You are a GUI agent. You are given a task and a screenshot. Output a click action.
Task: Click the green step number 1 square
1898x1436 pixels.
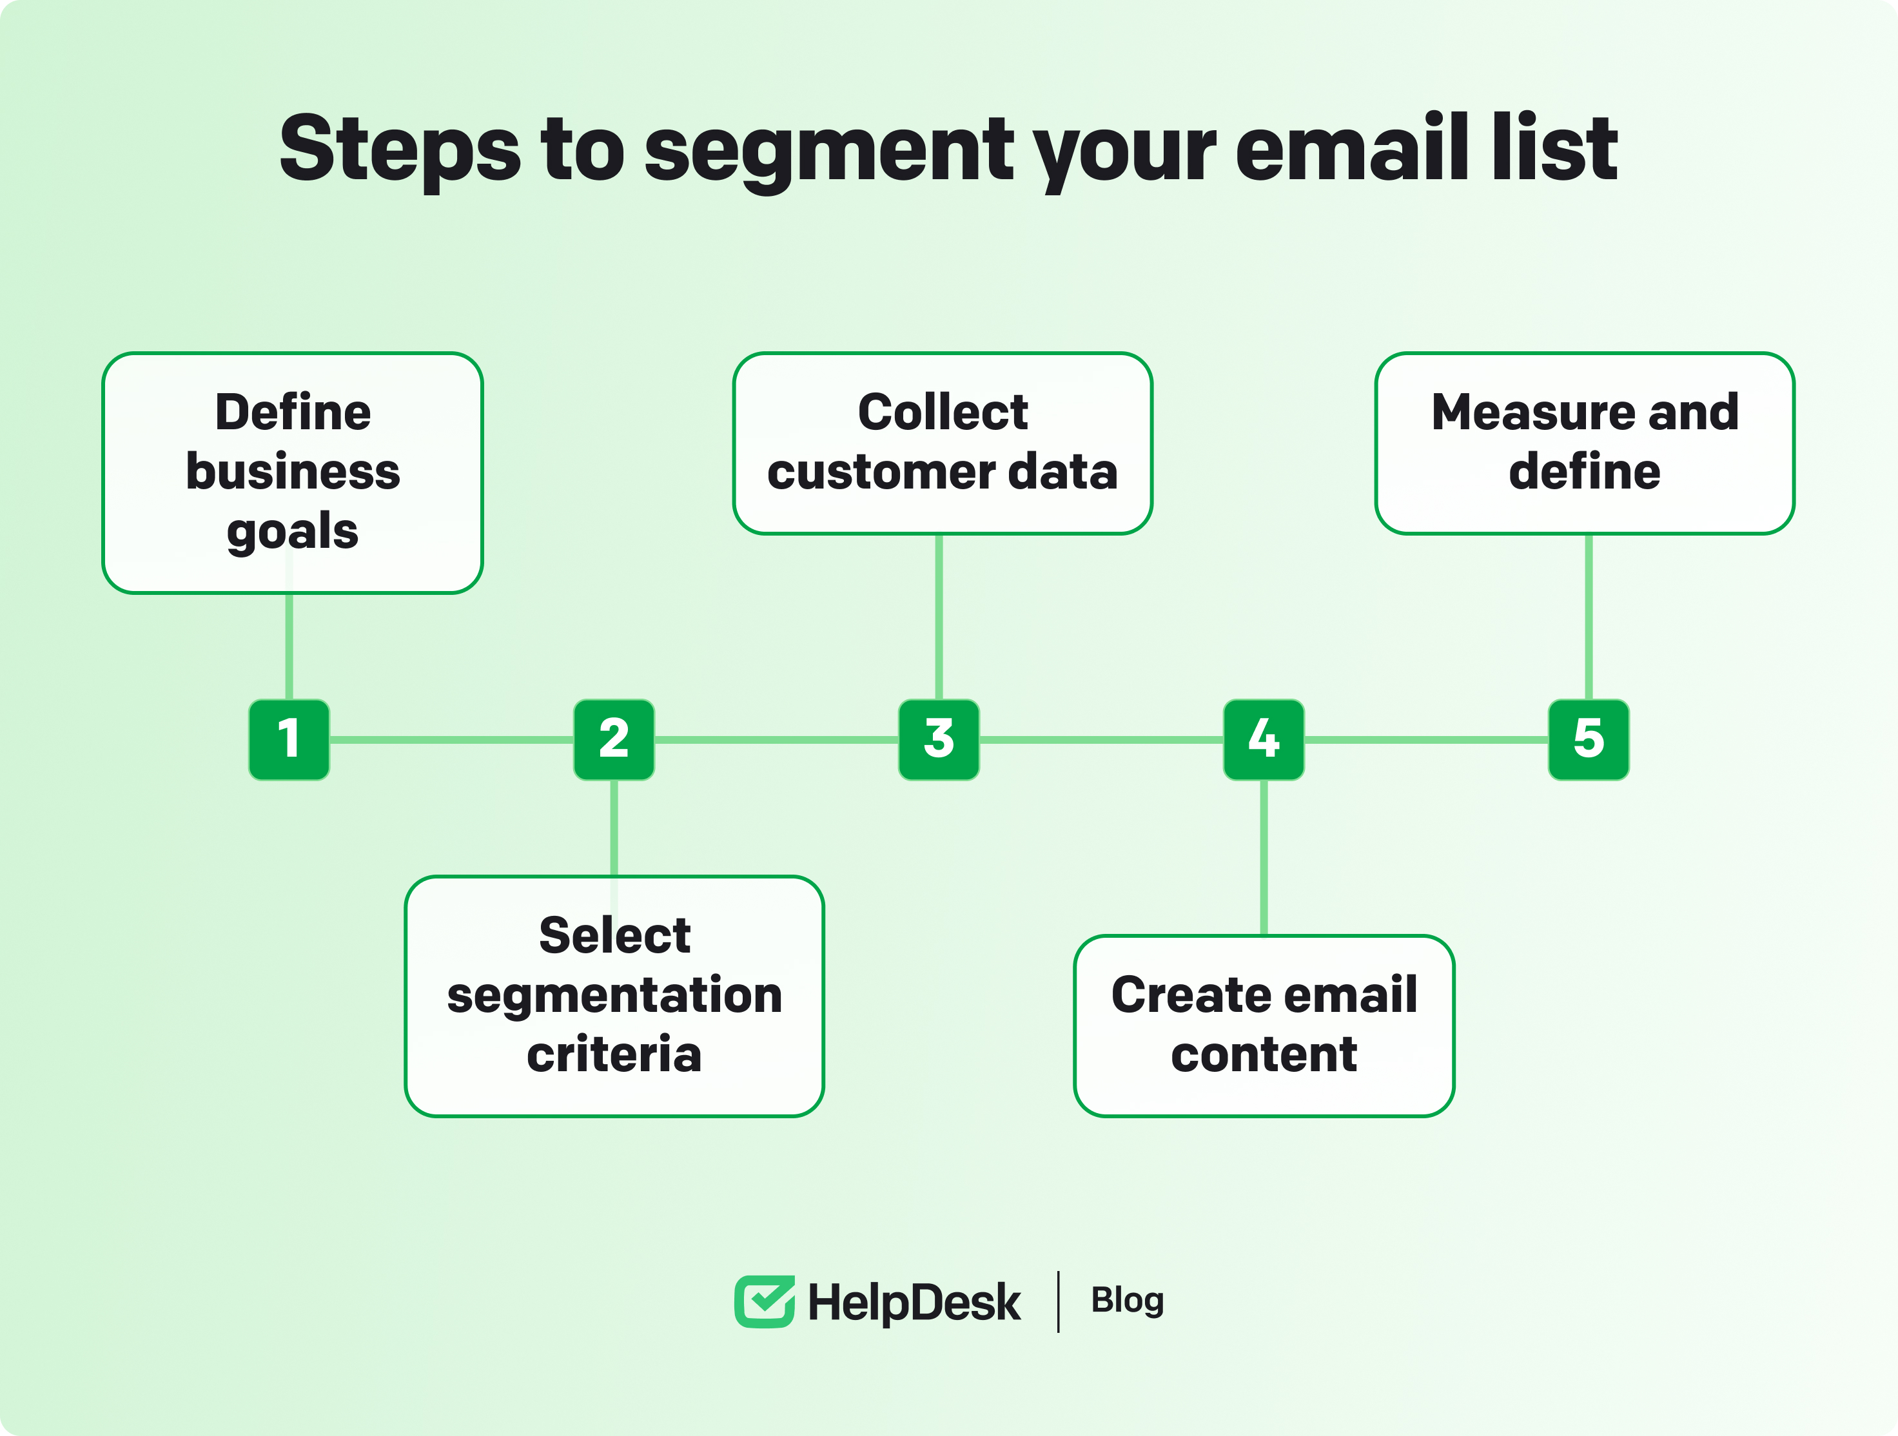pyautogui.click(x=289, y=739)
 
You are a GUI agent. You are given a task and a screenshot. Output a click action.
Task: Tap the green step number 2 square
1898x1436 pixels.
pyautogui.click(x=614, y=739)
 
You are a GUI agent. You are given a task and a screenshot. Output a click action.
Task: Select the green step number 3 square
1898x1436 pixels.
pyautogui.click(x=939, y=739)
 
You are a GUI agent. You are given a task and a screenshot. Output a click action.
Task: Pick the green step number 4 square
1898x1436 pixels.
pyautogui.click(x=1264, y=739)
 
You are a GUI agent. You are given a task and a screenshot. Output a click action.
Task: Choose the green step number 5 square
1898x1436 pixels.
pyautogui.click(x=1589, y=739)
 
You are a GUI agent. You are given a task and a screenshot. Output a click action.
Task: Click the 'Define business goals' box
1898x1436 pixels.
pyautogui.click(x=293, y=472)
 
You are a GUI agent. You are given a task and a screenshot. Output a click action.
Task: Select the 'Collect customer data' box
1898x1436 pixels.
pyautogui.click(x=942, y=443)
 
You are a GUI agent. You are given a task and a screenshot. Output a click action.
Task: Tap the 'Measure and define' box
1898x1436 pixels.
pyautogui.click(x=1585, y=443)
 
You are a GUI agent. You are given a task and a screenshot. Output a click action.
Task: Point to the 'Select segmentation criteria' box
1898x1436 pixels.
pyautogui.click(x=614, y=996)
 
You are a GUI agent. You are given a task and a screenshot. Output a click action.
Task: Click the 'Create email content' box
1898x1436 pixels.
pyautogui.click(x=1264, y=1026)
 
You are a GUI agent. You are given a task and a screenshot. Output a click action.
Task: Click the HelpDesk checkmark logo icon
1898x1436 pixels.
pyautogui.click(x=764, y=1301)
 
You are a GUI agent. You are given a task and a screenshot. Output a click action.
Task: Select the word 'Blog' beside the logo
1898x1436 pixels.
pyautogui.click(x=1128, y=1301)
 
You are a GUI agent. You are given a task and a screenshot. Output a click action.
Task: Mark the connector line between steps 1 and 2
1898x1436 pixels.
pyautogui.click(x=451, y=739)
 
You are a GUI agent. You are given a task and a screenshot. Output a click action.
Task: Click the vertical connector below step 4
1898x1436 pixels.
pyautogui.click(x=1264, y=858)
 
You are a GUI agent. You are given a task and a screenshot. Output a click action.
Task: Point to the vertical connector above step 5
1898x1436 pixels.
pyautogui.click(x=1589, y=617)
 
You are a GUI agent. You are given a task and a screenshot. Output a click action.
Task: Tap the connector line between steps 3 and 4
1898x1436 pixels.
pyautogui.click(x=1102, y=739)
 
